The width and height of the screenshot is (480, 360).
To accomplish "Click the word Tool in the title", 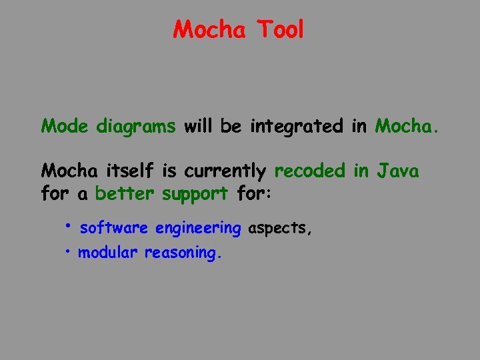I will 280,29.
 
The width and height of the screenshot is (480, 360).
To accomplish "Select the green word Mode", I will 65,125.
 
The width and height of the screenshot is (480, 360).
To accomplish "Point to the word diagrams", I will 136,126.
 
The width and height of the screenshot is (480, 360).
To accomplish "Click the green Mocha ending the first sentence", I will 407,125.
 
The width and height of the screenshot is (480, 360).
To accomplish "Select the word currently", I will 225,172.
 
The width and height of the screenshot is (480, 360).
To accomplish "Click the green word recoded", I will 310,171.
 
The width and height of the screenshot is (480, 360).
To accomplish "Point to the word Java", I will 398,171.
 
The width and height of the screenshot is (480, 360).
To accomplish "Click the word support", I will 194,194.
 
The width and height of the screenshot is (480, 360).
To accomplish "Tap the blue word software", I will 113,228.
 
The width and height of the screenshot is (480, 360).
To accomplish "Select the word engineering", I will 197,229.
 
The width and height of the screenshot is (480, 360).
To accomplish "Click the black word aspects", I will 279,229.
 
